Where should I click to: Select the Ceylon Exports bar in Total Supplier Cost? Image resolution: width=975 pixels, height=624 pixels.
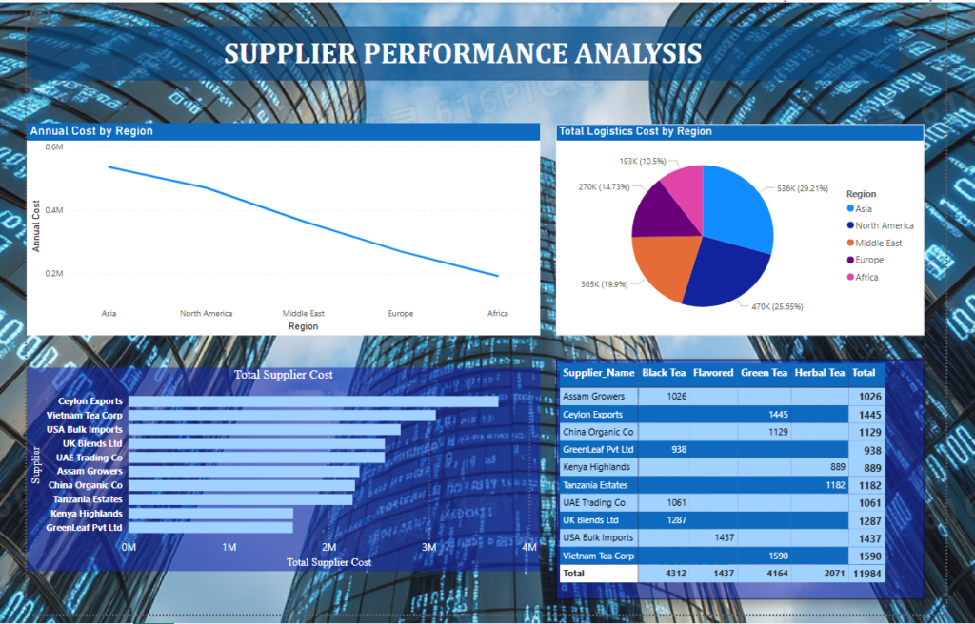click(x=313, y=401)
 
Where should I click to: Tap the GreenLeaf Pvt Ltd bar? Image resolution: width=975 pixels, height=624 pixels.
click(x=210, y=528)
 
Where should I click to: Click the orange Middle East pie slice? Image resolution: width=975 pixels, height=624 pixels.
click(x=663, y=264)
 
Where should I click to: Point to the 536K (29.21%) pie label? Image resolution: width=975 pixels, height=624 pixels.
click(x=802, y=188)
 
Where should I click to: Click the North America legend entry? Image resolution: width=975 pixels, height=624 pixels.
click(x=880, y=225)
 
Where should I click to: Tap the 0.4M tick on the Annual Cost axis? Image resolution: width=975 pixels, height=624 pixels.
click(x=54, y=210)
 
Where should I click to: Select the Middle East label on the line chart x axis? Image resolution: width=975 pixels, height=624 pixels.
click(x=304, y=313)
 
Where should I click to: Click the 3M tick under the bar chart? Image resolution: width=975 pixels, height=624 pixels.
click(x=429, y=548)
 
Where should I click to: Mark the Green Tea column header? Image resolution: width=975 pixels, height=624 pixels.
click(x=764, y=373)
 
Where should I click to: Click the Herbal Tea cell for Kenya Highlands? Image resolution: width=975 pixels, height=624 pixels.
click(x=838, y=467)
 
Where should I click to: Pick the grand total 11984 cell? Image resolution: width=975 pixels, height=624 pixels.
click(x=867, y=574)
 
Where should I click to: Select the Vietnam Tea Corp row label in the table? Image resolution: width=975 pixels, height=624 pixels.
click(x=598, y=556)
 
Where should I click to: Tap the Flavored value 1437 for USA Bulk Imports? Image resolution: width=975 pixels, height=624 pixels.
click(x=725, y=537)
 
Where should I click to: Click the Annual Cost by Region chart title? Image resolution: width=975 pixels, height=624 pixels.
click(x=91, y=131)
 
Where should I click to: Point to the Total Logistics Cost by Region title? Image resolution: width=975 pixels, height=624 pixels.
click(x=635, y=131)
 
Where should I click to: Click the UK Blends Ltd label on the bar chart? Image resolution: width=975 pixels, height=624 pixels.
click(x=92, y=444)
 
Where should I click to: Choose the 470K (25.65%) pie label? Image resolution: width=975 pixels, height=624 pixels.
click(x=777, y=306)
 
